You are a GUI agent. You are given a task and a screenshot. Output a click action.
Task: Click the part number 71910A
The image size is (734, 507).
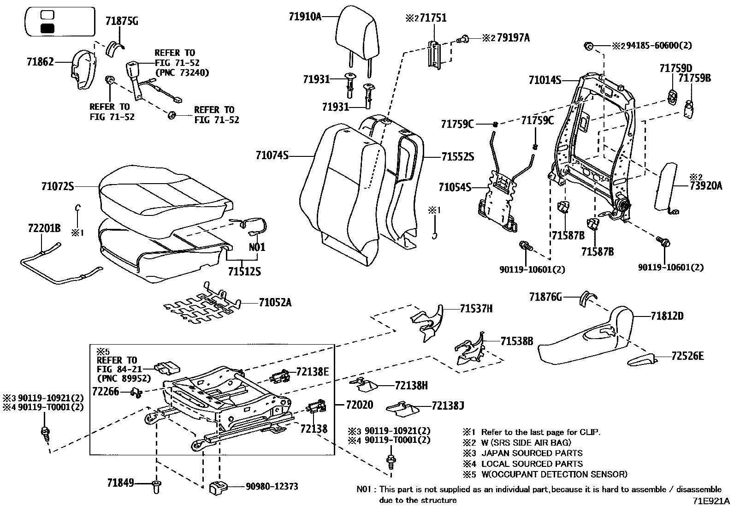(x=305, y=17)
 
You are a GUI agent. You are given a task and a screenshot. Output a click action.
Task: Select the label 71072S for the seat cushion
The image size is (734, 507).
(x=57, y=186)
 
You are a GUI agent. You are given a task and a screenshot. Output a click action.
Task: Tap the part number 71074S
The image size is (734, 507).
(x=272, y=156)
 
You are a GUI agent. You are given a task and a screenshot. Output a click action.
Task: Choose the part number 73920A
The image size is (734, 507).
(x=706, y=186)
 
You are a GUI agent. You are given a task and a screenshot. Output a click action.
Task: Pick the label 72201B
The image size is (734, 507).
(x=44, y=229)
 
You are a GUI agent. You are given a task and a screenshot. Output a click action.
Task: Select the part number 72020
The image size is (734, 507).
(x=360, y=405)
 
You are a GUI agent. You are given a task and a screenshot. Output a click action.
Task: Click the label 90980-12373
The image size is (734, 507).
(x=272, y=486)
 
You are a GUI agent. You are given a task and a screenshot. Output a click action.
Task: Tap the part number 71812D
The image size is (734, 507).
(x=667, y=316)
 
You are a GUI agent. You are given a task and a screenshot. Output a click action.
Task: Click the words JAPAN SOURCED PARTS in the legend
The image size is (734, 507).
(x=532, y=453)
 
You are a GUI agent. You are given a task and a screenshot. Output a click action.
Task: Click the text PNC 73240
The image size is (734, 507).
(x=182, y=72)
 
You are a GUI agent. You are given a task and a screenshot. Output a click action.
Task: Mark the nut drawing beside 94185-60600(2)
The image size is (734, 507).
(x=588, y=45)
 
